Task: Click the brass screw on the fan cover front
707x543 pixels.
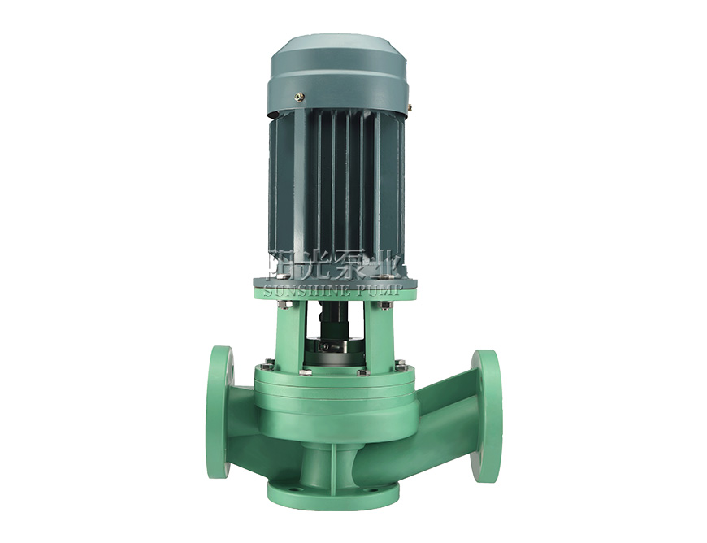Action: pyautogui.click(x=298, y=96)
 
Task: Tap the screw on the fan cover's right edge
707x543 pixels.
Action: pyautogui.click(x=410, y=106)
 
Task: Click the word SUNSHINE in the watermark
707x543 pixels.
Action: pyautogui.click(x=304, y=290)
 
